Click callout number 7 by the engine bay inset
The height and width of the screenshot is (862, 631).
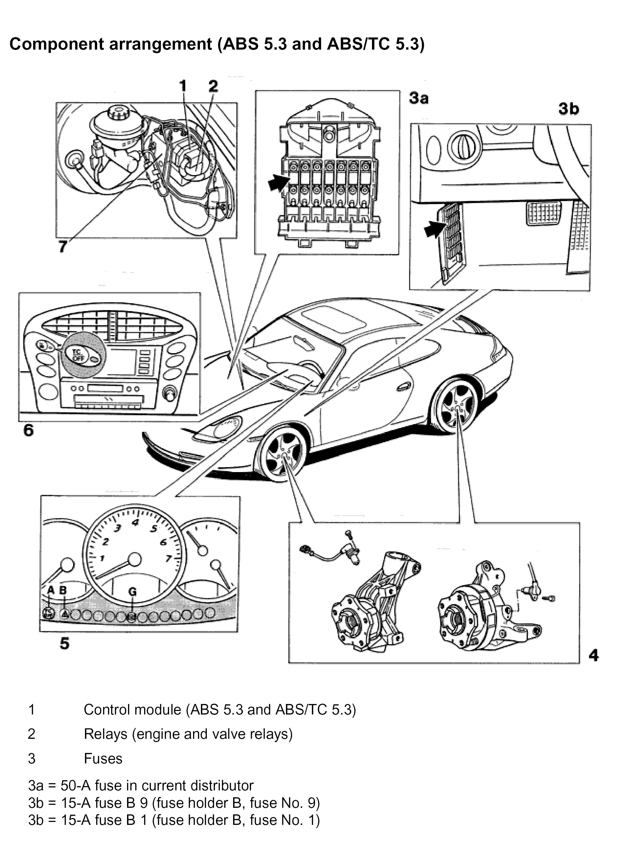click(63, 246)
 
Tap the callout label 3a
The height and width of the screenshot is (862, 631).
click(419, 98)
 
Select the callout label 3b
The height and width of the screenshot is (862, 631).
click(569, 109)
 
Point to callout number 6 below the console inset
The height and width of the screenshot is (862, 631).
click(29, 431)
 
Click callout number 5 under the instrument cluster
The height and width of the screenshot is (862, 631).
click(65, 644)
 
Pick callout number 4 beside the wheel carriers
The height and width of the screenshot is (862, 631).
click(594, 655)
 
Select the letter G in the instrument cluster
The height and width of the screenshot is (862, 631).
click(132, 592)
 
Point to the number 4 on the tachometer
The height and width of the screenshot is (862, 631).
click(135, 523)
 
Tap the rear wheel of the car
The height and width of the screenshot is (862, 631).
click(455, 408)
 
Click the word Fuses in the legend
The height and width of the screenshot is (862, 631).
click(103, 759)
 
